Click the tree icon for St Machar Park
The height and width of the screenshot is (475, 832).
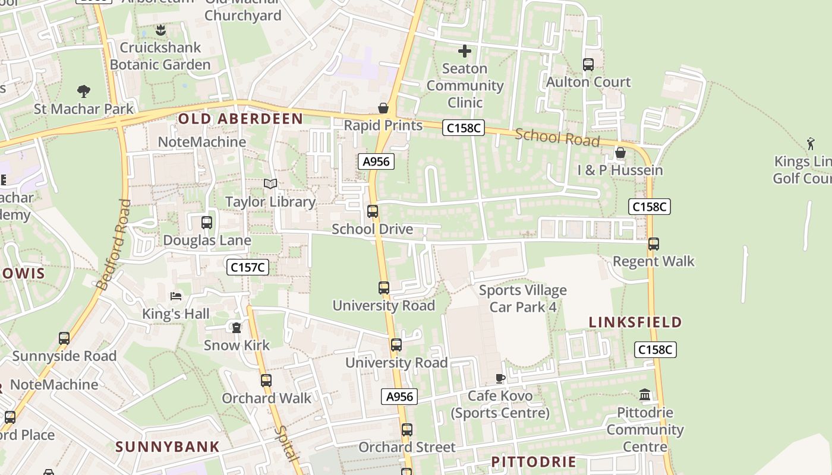pyautogui.click(x=84, y=91)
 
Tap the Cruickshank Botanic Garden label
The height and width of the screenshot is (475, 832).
pyautogui.click(x=160, y=56)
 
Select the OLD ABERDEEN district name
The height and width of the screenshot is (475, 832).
pyautogui.click(x=241, y=119)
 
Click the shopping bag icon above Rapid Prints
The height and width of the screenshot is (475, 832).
pyautogui.click(x=383, y=108)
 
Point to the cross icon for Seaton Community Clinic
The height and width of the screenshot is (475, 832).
pyautogui.click(x=465, y=51)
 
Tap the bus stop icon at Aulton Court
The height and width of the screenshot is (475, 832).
pyautogui.click(x=588, y=65)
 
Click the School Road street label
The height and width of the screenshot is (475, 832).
pyautogui.click(x=557, y=137)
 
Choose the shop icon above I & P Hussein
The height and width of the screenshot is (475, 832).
pyautogui.click(x=620, y=153)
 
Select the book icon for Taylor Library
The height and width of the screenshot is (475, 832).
pyautogui.click(x=270, y=184)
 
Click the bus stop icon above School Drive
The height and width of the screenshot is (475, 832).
pyautogui.click(x=373, y=211)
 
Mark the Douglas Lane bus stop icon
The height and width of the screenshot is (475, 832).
pyautogui.click(x=207, y=223)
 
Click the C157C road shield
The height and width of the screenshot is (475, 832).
pyautogui.click(x=248, y=267)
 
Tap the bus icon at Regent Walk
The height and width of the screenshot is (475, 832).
pyautogui.click(x=654, y=243)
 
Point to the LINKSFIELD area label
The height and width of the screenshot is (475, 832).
pyautogui.click(x=635, y=322)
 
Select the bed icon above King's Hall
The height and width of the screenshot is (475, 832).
pyautogui.click(x=176, y=296)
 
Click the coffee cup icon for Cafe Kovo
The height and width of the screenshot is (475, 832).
pyautogui.click(x=500, y=378)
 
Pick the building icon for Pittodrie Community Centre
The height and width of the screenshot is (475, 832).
pyautogui.click(x=645, y=394)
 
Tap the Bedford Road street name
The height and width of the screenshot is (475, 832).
pyautogui.click(x=114, y=244)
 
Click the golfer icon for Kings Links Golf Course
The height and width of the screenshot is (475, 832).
pyautogui.click(x=811, y=143)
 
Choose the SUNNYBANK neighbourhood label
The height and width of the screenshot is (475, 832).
pyautogui.click(x=168, y=447)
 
